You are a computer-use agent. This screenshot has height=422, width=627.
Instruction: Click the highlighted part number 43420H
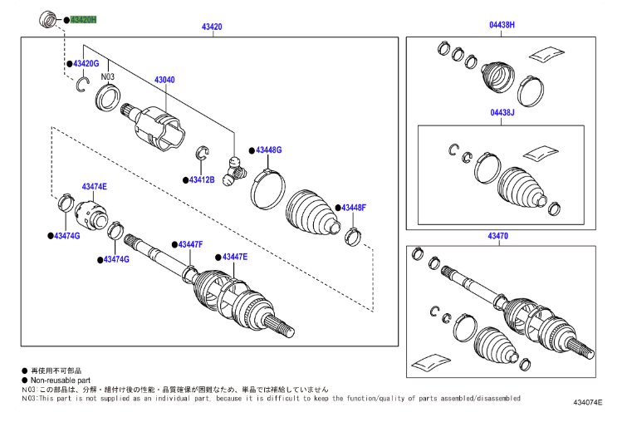pyautogui.click(x=84, y=18)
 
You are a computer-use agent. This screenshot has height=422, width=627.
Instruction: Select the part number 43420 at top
pyautogui.click(x=212, y=27)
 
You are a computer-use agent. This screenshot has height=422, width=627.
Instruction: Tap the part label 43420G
pyautogui.click(x=86, y=64)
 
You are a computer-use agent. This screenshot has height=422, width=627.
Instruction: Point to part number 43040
pyautogui.click(x=164, y=81)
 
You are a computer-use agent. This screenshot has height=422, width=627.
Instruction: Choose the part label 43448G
pyautogui.click(x=269, y=150)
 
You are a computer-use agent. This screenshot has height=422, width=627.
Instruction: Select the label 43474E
pyautogui.click(x=95, y=186)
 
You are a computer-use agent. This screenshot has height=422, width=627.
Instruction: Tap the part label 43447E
pyautogui.click(x=234, y=257)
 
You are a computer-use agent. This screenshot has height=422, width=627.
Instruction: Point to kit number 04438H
pyautogui.click(x=502, y=26)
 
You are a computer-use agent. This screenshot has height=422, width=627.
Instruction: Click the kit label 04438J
pyautogui.click(x=502, y=112)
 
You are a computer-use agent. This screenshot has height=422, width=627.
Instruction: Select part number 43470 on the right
pyautogui.click(x=497, y=237)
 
